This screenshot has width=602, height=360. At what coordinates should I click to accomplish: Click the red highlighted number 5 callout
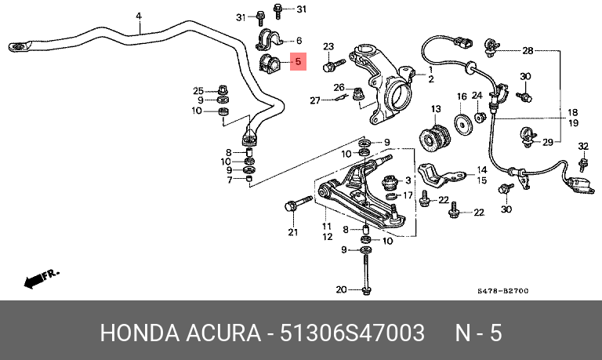[x=298, y=61]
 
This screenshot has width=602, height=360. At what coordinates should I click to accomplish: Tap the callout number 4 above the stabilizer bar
[x=139, y=16]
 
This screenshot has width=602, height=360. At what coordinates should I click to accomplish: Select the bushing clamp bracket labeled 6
[x=269, y=40]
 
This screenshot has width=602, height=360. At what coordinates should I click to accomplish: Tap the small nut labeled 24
[x=480, y=116]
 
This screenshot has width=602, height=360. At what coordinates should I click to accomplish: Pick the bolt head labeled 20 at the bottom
[x=367, y=291]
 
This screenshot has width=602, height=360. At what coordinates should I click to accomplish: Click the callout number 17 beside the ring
[x=408, y=195]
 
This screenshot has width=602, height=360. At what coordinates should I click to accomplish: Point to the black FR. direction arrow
[x=34, y=282]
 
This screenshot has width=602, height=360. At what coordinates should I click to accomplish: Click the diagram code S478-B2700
[x=503, y=291]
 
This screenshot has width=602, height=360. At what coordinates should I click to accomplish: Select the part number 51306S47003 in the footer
[x=352, y=333]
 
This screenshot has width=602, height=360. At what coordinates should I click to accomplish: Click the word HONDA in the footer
[x=140, y=333]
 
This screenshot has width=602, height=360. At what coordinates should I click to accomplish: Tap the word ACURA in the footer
[x=223, y=333]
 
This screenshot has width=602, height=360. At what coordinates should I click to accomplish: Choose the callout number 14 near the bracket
[x=482, y=170]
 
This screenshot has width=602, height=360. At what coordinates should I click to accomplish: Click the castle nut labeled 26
[x=358, y=93]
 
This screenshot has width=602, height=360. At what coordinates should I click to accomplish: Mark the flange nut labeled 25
[x=223, y=91]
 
